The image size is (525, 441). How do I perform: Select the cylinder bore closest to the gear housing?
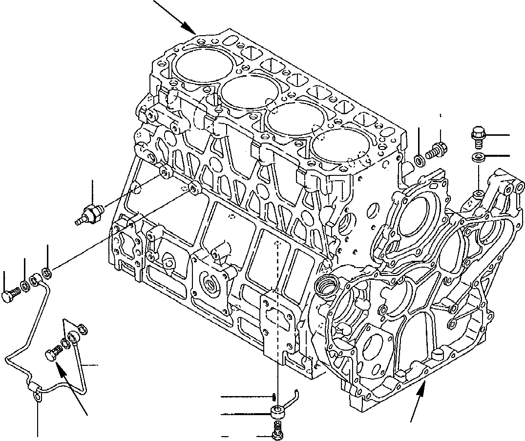point(340,147)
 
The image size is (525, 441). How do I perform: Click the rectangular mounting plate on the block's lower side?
point(277,325)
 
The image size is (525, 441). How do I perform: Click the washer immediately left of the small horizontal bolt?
point(419,160)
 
